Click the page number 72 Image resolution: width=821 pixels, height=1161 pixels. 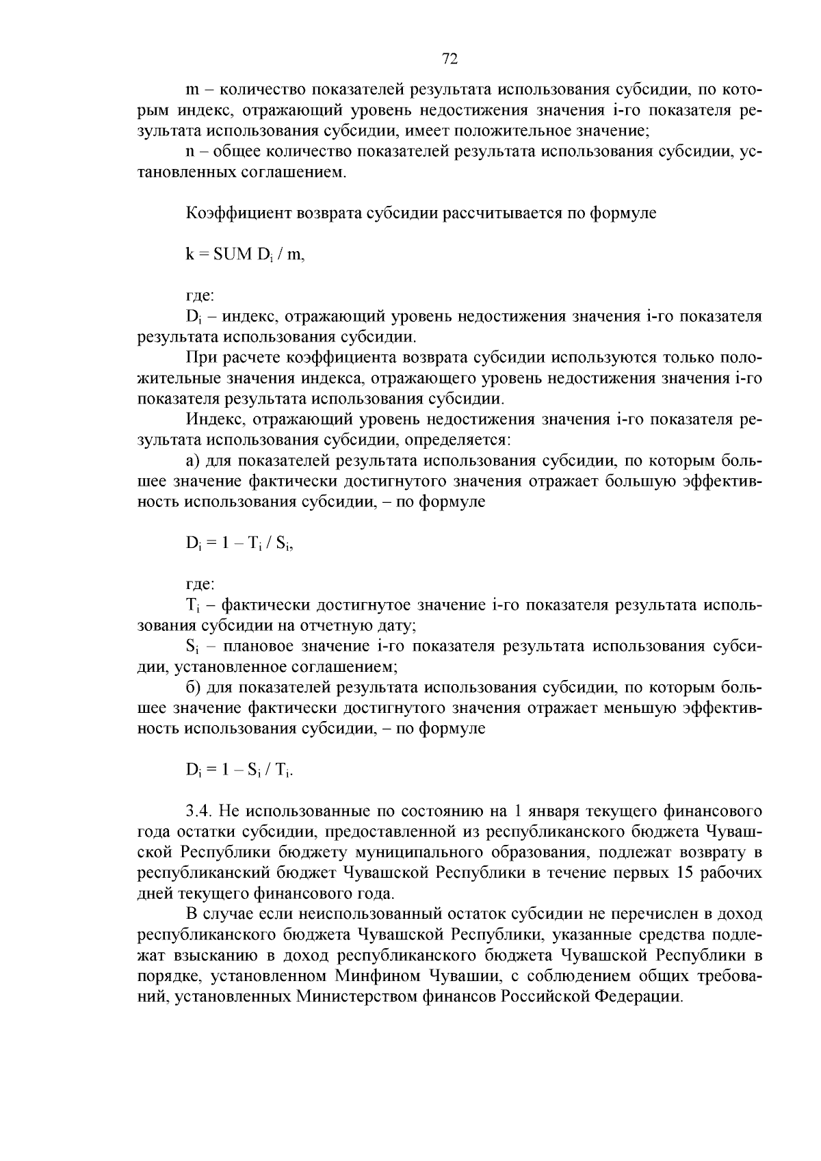click(449, 59)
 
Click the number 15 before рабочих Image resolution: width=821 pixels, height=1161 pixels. click(685, 873)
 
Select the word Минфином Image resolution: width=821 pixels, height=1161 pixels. click(378, 976)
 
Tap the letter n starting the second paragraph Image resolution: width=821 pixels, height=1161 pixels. click(191, 152)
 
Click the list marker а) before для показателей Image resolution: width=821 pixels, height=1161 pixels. click(193, 460)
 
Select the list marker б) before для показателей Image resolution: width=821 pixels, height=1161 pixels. click(194, 688)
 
